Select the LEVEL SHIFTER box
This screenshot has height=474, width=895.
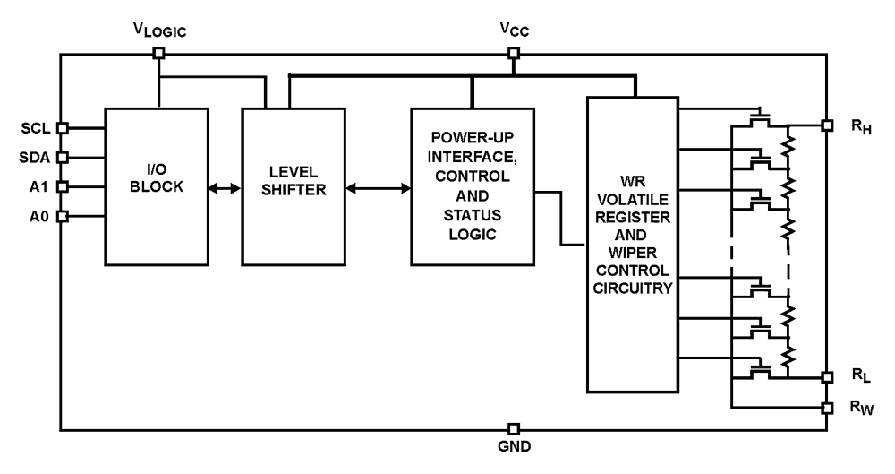pyautogui.click(x=293, y=186)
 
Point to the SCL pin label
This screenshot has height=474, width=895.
pyautogui.click(x=37, y=127)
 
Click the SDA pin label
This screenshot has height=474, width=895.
pyautogui.click(x=37, y=157)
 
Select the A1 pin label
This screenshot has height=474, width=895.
pyautogui.click(x=40, y=186)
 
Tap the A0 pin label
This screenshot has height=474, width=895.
pyautogui.click(x=40, y=216)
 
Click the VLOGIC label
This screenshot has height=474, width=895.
pyautogui.click(x=158, y=28)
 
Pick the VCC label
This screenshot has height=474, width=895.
pyautogui.click(x=513, y=28)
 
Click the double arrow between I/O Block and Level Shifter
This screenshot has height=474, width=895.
pyautogui.click(x=224, y=188)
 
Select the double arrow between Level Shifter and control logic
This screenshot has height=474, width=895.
pyautogui.click(x=378, y=188)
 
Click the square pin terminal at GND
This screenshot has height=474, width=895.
pyautogui.click(x=513, y=428)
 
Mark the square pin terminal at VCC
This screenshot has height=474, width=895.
pyautogui.click(x=513, y=53)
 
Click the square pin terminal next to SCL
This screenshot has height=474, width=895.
pyautogui.click(x=63, y=128)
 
